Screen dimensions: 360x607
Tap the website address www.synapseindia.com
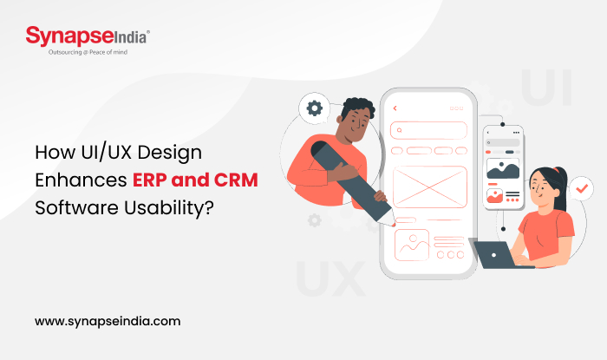click(108, 320)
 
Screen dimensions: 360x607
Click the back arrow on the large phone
click(395, 108)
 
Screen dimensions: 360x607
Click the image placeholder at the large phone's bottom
click(411, 245)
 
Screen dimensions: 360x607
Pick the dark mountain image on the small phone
click(502, 168)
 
